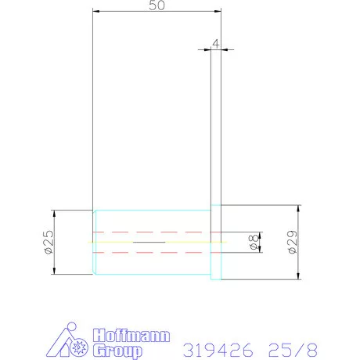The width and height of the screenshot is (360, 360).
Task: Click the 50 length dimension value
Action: [157, 5]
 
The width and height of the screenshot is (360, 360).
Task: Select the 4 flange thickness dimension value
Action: [216, 44]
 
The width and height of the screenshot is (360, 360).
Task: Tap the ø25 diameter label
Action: [49, 242]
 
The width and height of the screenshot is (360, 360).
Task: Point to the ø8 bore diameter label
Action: [254, 242]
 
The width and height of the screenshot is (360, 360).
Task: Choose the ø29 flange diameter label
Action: [293, 242]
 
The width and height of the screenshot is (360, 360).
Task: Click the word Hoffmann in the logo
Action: [131, 336]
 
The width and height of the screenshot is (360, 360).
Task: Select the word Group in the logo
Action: [117, 351]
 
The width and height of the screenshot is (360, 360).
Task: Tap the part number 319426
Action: [218, 350]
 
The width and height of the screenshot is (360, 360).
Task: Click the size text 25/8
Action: [293, 350]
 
